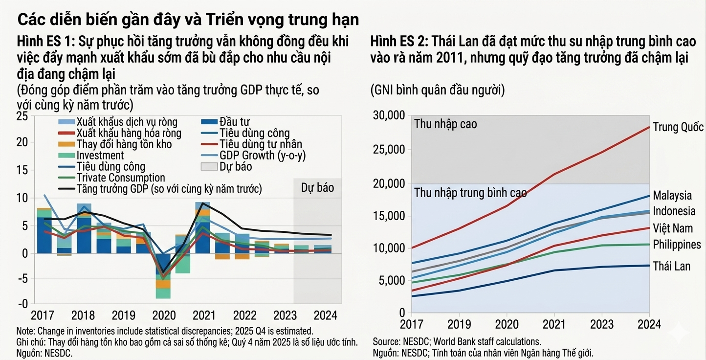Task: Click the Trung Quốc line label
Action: tap(678, 128)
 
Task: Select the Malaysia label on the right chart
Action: tap(672, 195)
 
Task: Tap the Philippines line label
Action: tap(677, 244)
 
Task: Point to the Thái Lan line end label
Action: tap(671, 266)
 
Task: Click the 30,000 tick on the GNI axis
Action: tap(389, 116)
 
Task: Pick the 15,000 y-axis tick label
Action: tap(389, 216)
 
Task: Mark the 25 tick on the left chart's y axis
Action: tap(22, 116)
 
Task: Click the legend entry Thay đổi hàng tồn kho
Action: tap(124, 144)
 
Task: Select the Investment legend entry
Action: tap(100, 156)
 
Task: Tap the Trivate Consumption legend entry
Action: tap(120, 178)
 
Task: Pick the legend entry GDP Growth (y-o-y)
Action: tap(263, 156)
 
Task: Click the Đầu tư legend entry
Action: tap(235, 121)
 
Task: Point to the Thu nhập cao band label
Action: tap(445, 124)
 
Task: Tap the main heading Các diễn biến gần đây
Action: tap(188, 20)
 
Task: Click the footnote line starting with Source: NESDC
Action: tap(457, 341)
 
